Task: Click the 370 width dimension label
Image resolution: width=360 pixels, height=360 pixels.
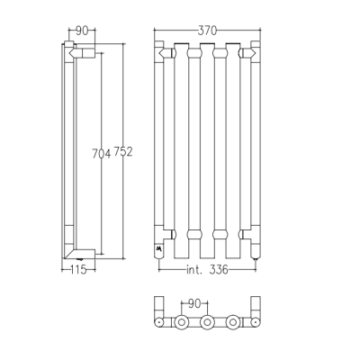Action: coord(207,31)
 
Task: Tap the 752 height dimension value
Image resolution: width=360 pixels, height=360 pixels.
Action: coord(123,152)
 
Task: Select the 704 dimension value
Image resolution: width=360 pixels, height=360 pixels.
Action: coord(101,154)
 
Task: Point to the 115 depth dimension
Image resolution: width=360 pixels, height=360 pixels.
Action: coord(78,270)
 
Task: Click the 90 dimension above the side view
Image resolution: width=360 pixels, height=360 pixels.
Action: coord(82,31)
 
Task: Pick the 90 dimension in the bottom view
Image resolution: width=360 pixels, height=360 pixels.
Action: coord(194,304)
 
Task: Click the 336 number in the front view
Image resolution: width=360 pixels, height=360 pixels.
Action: coord(219,270)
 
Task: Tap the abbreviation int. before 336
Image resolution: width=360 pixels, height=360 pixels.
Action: coord(195,270)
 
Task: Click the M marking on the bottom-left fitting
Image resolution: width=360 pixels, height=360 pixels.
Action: coord(158,248)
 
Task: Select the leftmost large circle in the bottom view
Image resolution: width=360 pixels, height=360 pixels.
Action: coord(181,322)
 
